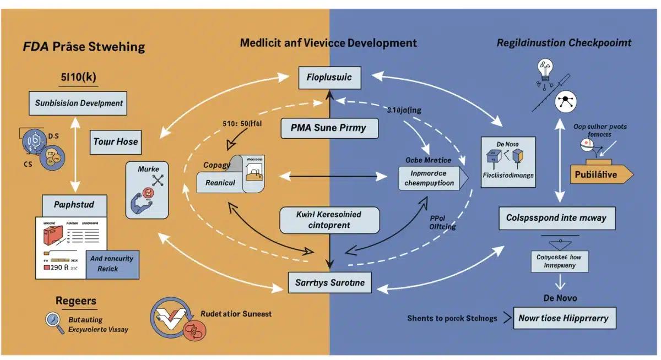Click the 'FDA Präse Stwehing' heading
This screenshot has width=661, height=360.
84,46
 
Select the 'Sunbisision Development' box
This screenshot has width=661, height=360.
79,103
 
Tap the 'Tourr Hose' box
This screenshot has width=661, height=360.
116,142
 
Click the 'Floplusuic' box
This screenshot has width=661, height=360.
329,78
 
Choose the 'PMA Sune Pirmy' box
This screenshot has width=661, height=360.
330,128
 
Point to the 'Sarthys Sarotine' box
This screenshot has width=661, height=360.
329,283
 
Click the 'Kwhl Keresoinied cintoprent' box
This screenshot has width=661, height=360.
329,220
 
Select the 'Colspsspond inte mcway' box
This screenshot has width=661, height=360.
556,218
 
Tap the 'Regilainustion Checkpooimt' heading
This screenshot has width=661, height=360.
564,43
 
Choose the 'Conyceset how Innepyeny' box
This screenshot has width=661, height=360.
560,260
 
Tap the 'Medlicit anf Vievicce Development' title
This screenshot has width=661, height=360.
328,43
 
